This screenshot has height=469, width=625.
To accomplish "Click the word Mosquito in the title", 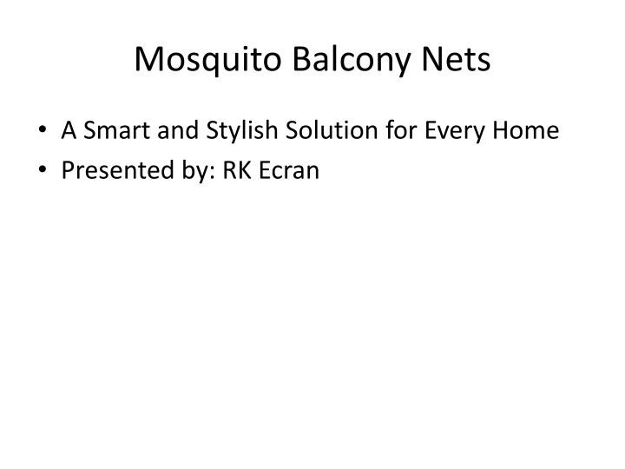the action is [208, 60].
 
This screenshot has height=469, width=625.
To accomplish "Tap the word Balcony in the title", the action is [352, 60].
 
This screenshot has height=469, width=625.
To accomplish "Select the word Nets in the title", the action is [456, 59].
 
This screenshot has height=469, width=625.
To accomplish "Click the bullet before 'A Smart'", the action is [43, 129].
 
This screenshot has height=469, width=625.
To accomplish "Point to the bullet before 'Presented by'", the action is [43, 169].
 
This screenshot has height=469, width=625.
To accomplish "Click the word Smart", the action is [117, 130].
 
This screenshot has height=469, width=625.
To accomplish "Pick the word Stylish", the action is [242, 131].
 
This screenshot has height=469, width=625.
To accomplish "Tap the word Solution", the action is [332, 130].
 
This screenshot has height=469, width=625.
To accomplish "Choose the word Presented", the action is [118, 170].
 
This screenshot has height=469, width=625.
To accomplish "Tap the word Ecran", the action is [289, 170].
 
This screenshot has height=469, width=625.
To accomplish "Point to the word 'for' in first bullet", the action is [401, 130].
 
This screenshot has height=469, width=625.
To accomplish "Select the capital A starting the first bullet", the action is [69, 130].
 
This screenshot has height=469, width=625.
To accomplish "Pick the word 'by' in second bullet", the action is [195, 172].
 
